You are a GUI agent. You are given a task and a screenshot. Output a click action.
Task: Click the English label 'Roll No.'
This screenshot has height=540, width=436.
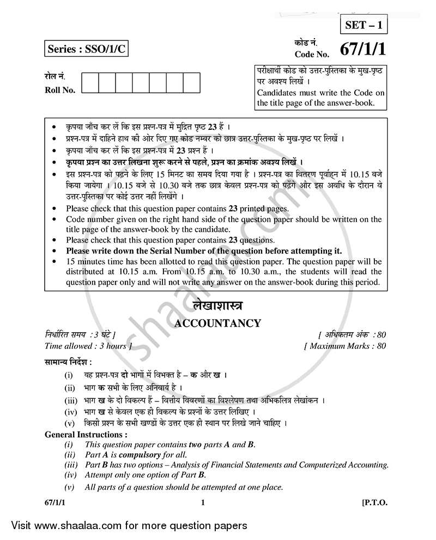(60, 90)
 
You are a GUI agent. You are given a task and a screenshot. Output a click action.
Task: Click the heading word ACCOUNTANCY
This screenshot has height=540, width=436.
(217, 323)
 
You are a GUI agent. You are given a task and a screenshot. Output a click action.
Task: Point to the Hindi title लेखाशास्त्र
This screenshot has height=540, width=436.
(217, 305)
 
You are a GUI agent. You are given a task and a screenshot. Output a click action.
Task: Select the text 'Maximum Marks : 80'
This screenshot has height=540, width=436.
(345, 346)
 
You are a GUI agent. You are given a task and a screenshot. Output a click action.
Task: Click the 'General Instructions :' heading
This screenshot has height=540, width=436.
(86, 435)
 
